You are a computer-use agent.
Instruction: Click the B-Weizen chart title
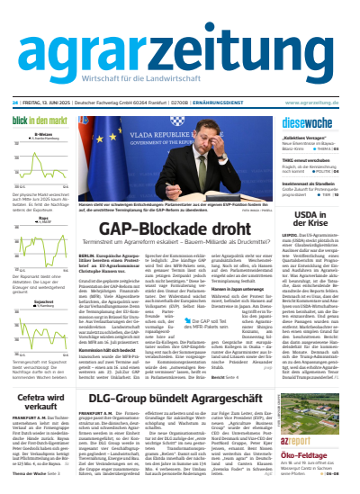tap(41, 136)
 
